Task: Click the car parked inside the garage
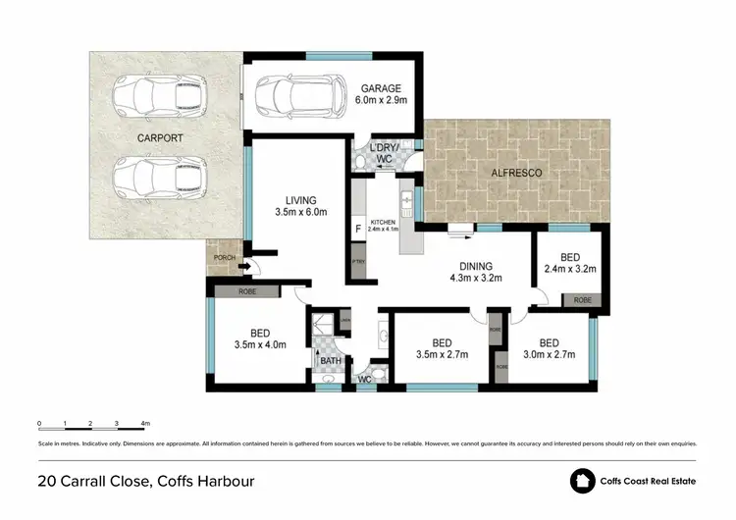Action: click(x=291, y=96)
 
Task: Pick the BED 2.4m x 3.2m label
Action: click(x=570, y=262)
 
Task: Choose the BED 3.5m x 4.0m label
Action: click(x=259, y=339)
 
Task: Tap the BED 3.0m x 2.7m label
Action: click(x=549, y=347)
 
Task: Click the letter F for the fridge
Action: click(x=357, y=232)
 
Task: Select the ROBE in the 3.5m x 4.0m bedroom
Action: click(x=246, y=291)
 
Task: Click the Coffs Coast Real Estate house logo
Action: click(x=584, y=481)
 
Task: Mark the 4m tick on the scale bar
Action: click(x=144, y=424)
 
